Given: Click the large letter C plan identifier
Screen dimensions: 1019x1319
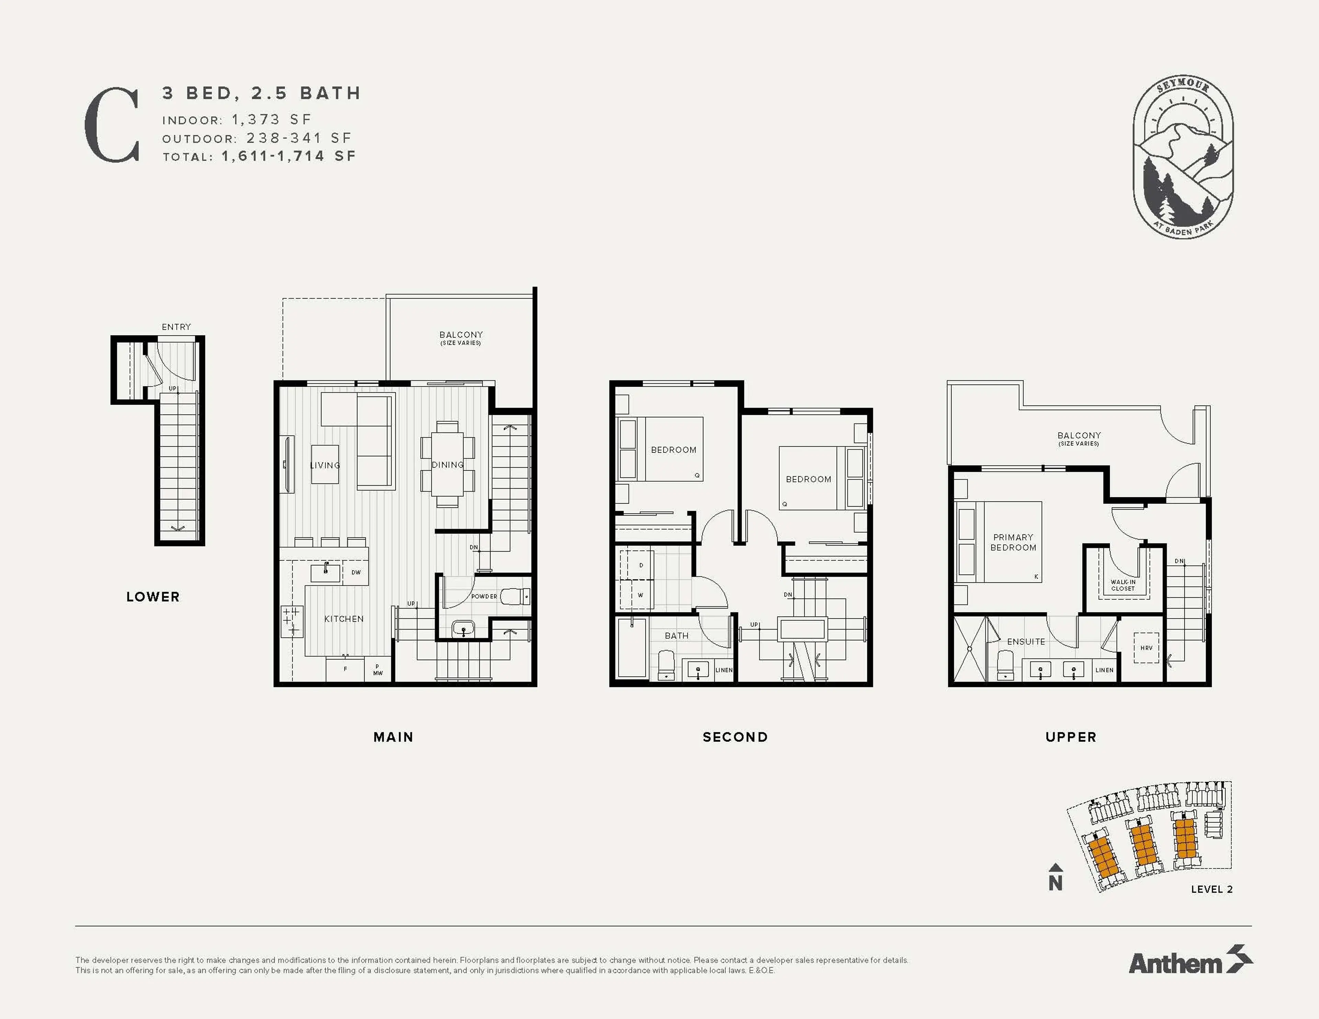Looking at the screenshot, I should coord(112,125).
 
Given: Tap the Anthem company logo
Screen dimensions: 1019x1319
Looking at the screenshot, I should coord(1190,963).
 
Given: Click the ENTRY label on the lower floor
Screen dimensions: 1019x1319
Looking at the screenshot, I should coord(176,327).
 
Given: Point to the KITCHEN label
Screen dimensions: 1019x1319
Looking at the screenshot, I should coord(343,619).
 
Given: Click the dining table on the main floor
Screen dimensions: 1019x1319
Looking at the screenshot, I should coord(448,464).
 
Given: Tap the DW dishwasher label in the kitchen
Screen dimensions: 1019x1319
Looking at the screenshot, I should coord(356,572).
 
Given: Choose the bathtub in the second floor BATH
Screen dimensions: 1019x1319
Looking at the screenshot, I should coord(632,647).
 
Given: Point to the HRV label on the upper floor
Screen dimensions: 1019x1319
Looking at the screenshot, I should coord(1146,647).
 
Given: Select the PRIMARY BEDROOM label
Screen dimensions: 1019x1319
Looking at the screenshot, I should coord(1013,542).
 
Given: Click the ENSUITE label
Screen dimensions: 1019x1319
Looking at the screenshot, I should coord(1025,642).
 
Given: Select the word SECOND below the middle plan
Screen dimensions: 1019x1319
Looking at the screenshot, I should coord(735,737).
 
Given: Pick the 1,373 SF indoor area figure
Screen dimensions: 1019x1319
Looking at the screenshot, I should coord(271,120).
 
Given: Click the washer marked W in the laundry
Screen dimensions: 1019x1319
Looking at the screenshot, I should coord(640,595).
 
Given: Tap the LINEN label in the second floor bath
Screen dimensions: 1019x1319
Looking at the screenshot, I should coord(723,670).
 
